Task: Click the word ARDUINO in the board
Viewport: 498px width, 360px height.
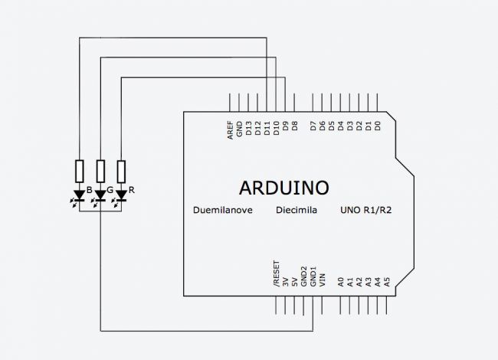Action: click(x=284, y=187)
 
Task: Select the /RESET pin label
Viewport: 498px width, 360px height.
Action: click(x=277, y=273)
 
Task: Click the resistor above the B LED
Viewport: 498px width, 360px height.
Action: click(x=80, y=171)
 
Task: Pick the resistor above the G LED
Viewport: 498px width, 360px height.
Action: click(x=100, y=171)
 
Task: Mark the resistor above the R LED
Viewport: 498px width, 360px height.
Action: click(x=120, y=171)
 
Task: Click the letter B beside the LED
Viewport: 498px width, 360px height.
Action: click(x=90, y=190)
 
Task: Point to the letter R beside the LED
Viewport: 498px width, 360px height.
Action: click(x=132, y=190)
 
